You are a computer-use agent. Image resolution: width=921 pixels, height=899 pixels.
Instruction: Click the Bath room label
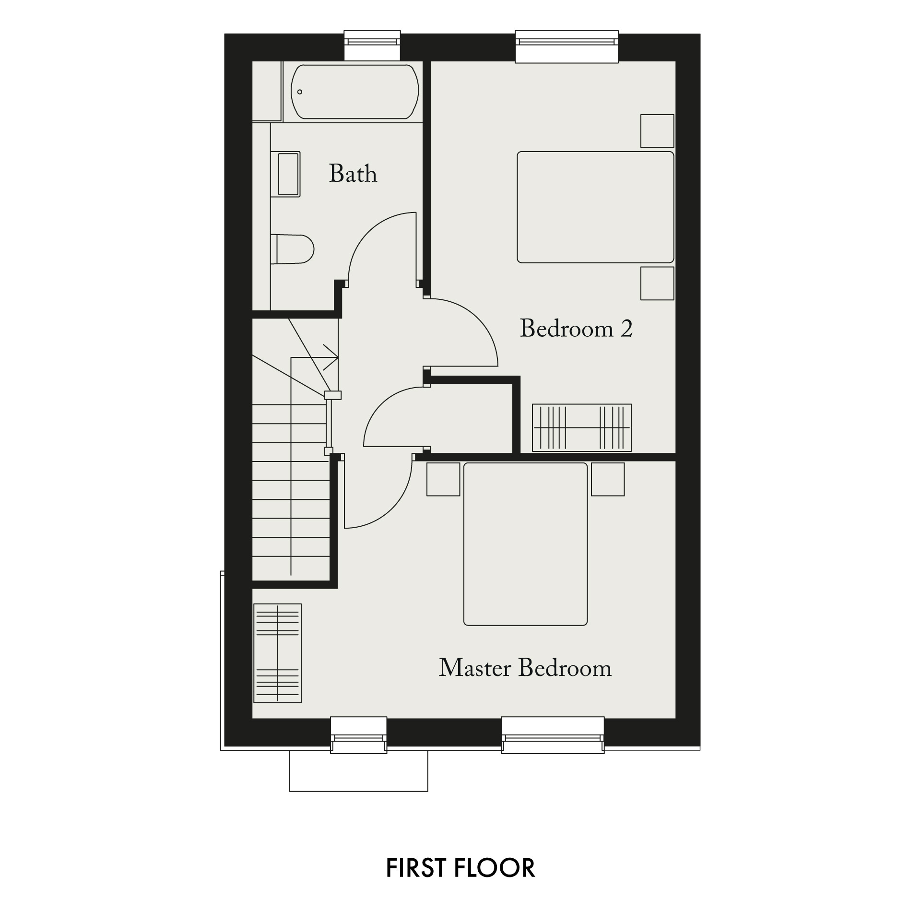[x=353, y=174]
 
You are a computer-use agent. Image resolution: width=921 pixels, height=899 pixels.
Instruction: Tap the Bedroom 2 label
[x=576, y=329]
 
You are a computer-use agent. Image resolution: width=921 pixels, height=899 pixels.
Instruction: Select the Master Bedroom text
[x=525, y=668]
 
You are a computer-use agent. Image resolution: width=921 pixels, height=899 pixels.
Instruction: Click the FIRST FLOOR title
[x=460, y=868]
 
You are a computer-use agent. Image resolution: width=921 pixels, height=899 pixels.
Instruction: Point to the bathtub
[x=355, y=92]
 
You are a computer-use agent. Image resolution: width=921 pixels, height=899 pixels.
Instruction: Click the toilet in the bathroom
[x=292, y=249]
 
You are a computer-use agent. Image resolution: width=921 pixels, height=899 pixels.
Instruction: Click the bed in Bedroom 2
[x=595, y=207]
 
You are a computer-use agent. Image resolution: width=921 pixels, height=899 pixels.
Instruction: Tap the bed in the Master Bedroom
[x=525, y=544]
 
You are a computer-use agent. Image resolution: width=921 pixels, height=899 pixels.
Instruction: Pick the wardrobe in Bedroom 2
[x=582, y=427]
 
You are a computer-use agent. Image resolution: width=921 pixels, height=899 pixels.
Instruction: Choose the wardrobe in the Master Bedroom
[x=277, y=653]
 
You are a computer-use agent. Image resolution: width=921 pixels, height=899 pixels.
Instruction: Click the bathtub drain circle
[x=300, y=92]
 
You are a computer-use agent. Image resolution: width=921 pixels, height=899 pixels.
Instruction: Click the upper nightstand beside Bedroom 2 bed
[x=657, y=131]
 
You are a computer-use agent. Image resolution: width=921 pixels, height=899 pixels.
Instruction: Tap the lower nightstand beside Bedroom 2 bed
[x=657, y=284]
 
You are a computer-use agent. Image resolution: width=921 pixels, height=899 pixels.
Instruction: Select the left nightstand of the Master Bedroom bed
[x=443, y=479]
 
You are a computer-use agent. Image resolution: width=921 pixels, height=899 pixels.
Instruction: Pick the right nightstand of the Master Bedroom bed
[x=608, y=479]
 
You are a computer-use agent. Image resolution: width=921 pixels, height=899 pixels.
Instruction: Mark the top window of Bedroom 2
[x=567, y=46]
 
